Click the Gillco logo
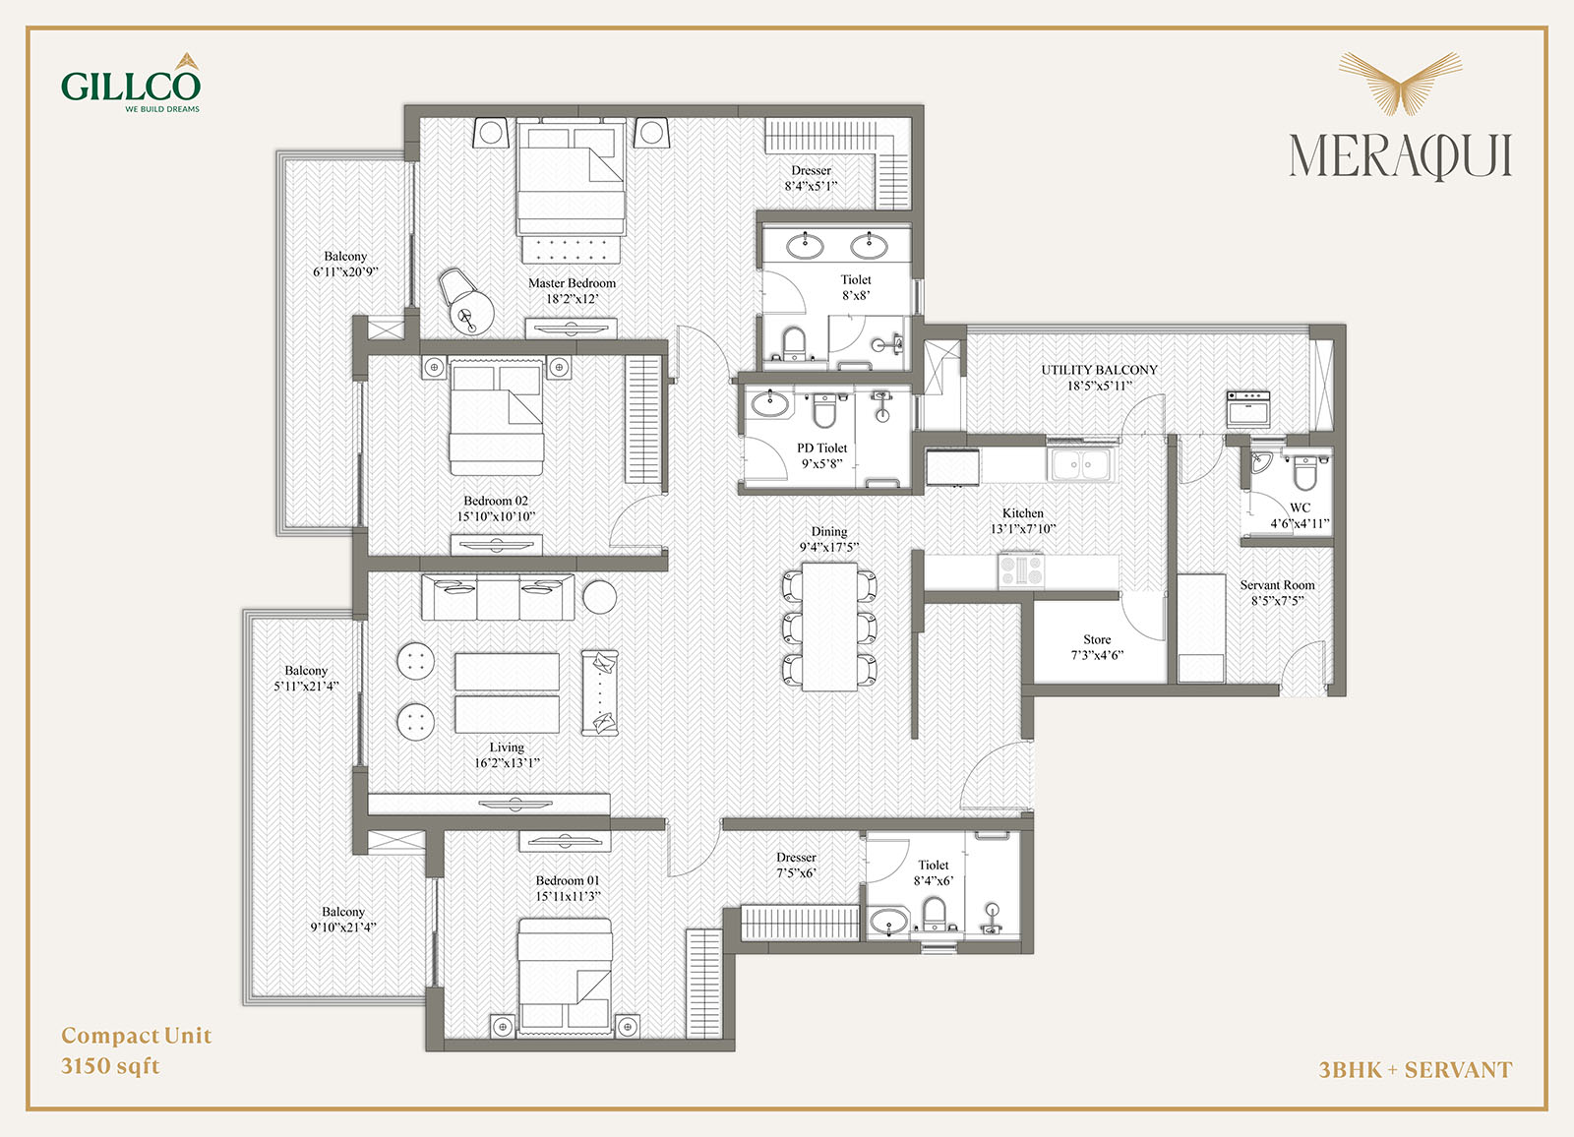[x=131, y=83]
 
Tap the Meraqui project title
[x=1400, y=156]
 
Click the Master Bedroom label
[x=572, y=283]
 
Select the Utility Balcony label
[x=1099, y=370]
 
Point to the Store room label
[x=1097, y=639]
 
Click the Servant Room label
[x=1277, y=584]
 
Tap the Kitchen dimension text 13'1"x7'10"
[x=1023, y=529]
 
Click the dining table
[x=829, y=627]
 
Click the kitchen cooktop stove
[x=1022, y=569]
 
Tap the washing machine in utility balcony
[x=1248, y=409]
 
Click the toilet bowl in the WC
[x=1303, y=472]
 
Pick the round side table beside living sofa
[x=600, y=597]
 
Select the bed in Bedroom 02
[x=497, y=417]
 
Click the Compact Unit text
[x=137, y=1036]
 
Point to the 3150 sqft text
[x=110, y=1066]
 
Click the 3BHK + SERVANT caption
[x=1416, y=1070]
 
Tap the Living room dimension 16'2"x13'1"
[x=507, y=763]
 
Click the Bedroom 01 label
[x=568, y=880]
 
